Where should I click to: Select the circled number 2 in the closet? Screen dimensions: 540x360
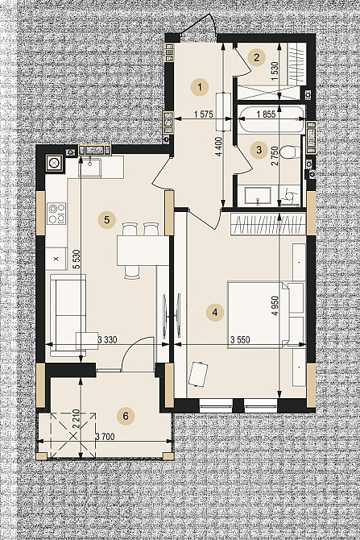256,56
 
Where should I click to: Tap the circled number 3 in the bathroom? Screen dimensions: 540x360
258,148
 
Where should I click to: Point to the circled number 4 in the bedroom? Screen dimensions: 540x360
214,310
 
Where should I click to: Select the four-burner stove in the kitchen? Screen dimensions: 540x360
56,214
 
